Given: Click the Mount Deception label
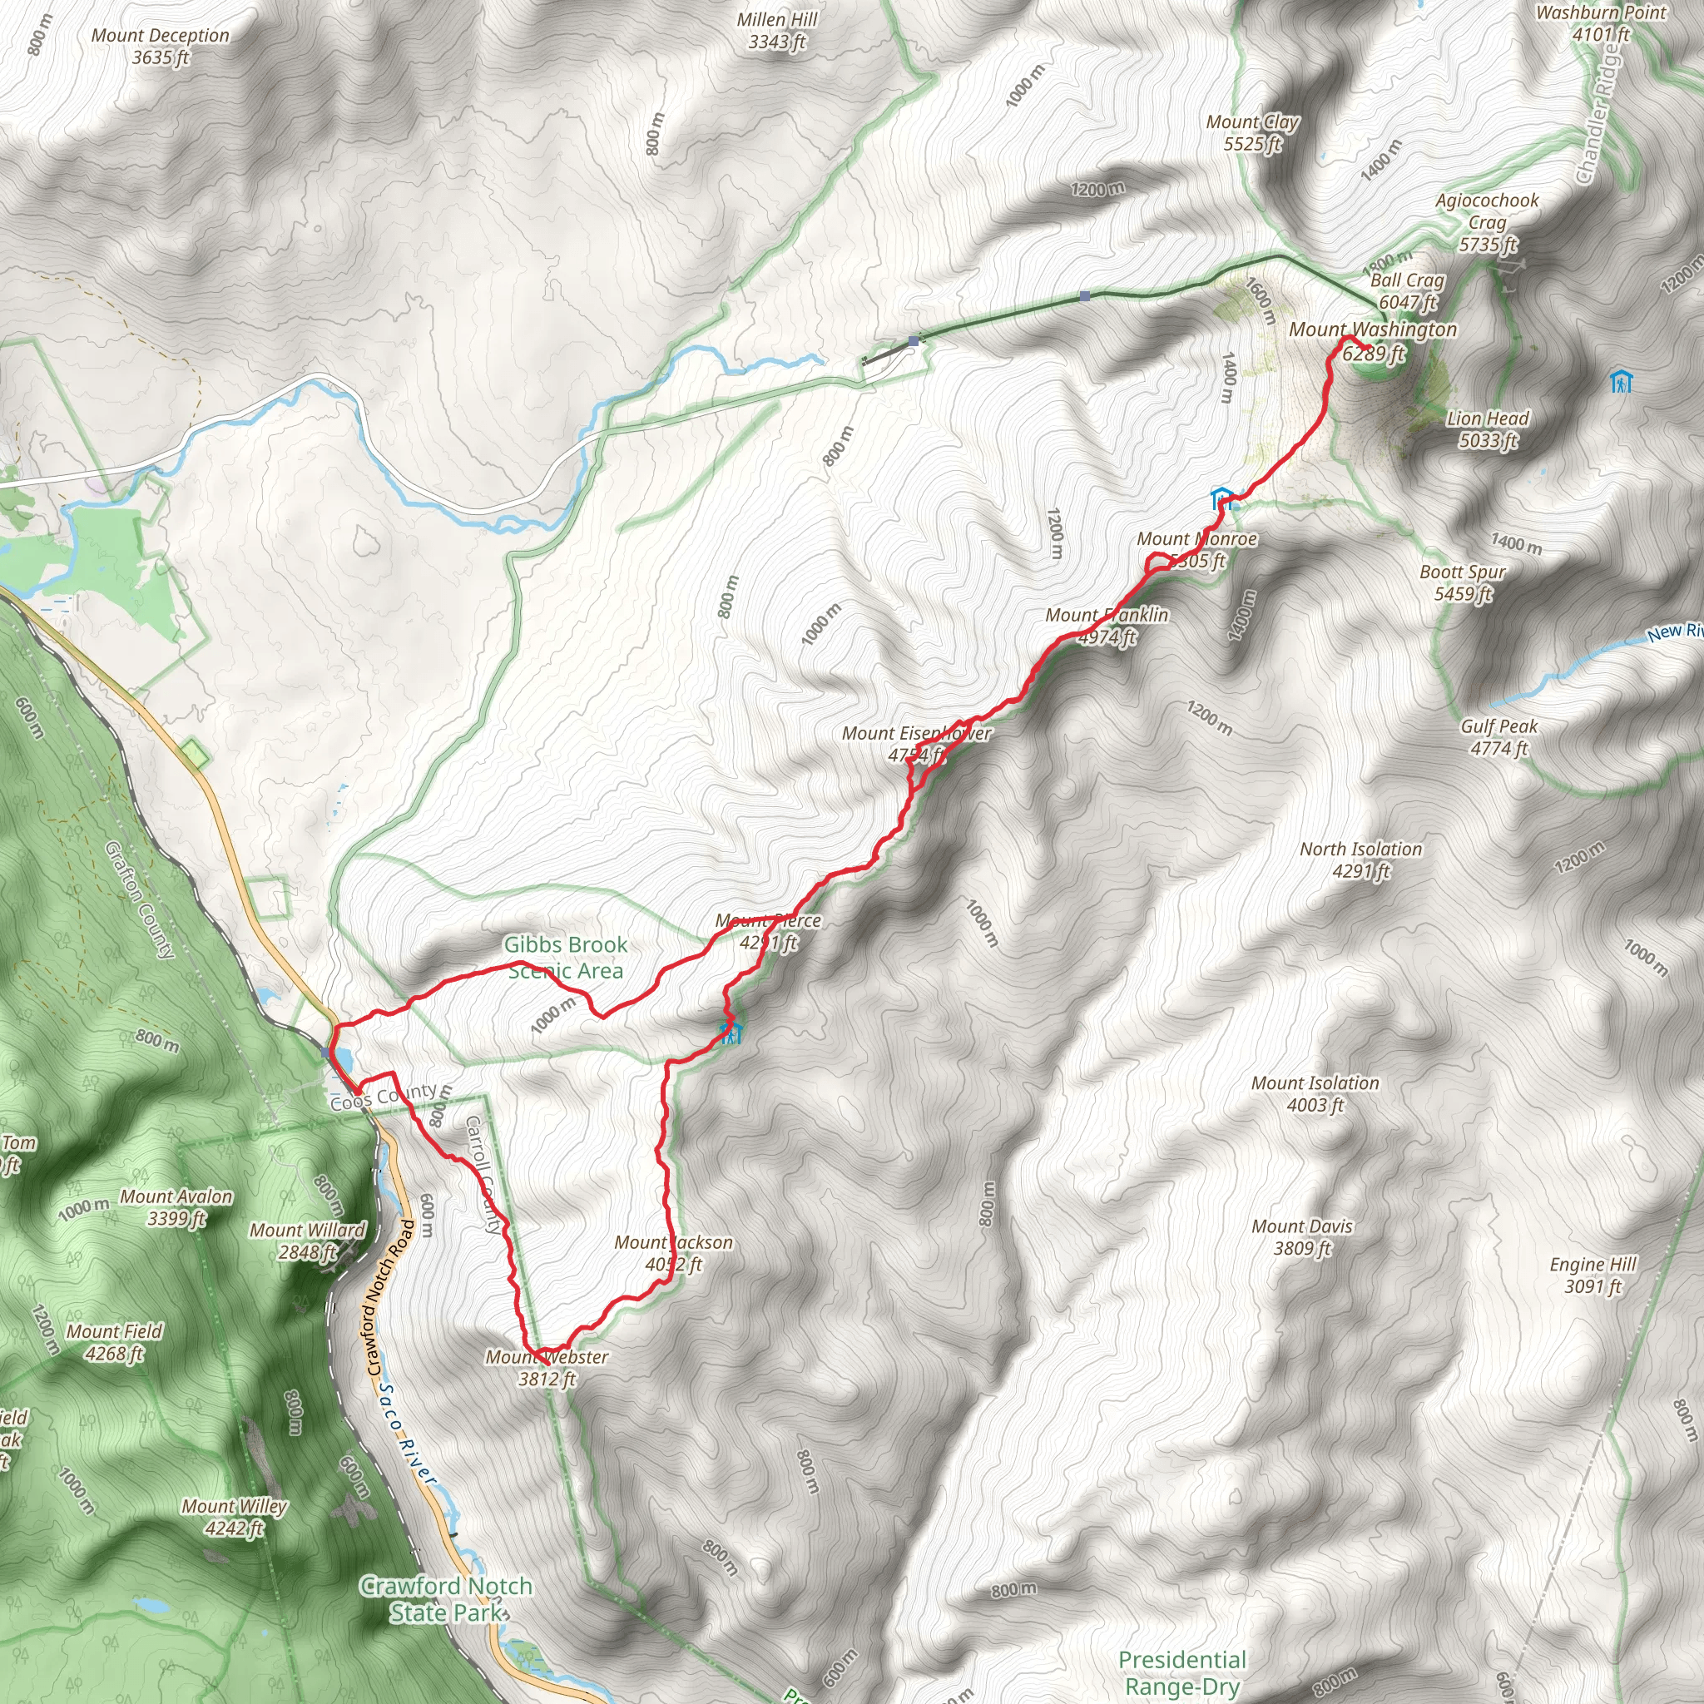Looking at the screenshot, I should pyautogui.click(x=160, y=46).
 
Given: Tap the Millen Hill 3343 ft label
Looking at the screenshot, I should pyautogui.click(x=777, y=30).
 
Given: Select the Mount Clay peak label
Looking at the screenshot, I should pyautogui.click(x=1252, y=132).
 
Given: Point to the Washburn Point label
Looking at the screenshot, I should pyautogui.click(x=1601, y=23).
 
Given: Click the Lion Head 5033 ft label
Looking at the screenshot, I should pyautogui.click(x=1487, y=428).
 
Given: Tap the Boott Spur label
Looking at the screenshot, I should pyautogui.click(x=1463, y=582).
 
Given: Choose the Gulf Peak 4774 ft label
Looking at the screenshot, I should pyautogui.click(x=1498, y=737).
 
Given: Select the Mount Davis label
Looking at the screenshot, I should pyautogui.click(x=1302, y=1236).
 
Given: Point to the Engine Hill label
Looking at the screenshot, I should pyautogui.click(x=1593, y=1275).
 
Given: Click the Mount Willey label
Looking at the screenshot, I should pyautogui.click(x=234, y=1517).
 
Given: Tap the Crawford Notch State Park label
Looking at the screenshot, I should pyautogui.click(x=446, y=1599).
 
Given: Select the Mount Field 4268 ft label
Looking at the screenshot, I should pyautogui.click(x=115, y=1341).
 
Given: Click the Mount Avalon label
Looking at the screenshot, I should pyautogui.click(x=176, y=1206).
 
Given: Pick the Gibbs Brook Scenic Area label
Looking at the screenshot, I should pyautogui.click(x=565, y=957).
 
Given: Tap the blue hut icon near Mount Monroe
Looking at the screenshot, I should pyautogui.click(x=1221, y=497).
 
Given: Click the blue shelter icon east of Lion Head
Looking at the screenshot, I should pyautogui.click(x=1621, y=382).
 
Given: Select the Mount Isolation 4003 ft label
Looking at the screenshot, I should pyautogui.click(x=1315, y=1093).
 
